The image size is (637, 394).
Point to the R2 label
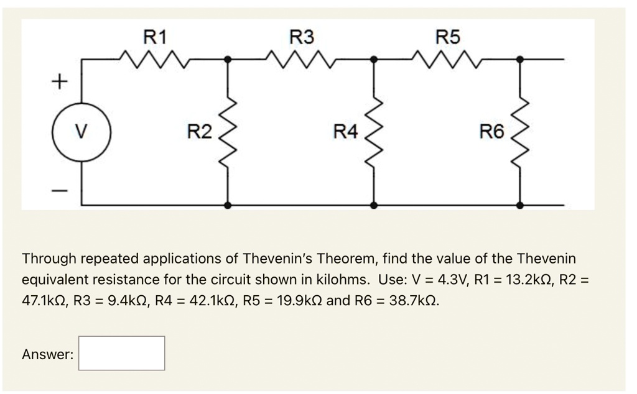pos(199,132)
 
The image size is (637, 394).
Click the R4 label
pos(346,132)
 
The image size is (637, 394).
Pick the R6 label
pos(492,132)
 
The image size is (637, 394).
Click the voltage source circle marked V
pos(81,132)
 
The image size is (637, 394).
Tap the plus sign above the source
pos(58,81)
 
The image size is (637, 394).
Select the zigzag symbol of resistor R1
pos(155,60)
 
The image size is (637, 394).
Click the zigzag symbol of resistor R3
pos(302,60)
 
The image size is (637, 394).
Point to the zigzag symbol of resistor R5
pos(448,60)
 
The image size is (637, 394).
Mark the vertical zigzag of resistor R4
pos(374,132)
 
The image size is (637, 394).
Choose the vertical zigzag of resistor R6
pos(521,132)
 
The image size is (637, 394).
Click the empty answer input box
pos(122,354)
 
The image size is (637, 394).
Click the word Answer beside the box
pos(47,355)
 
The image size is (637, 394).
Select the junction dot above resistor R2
pos(228,60)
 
